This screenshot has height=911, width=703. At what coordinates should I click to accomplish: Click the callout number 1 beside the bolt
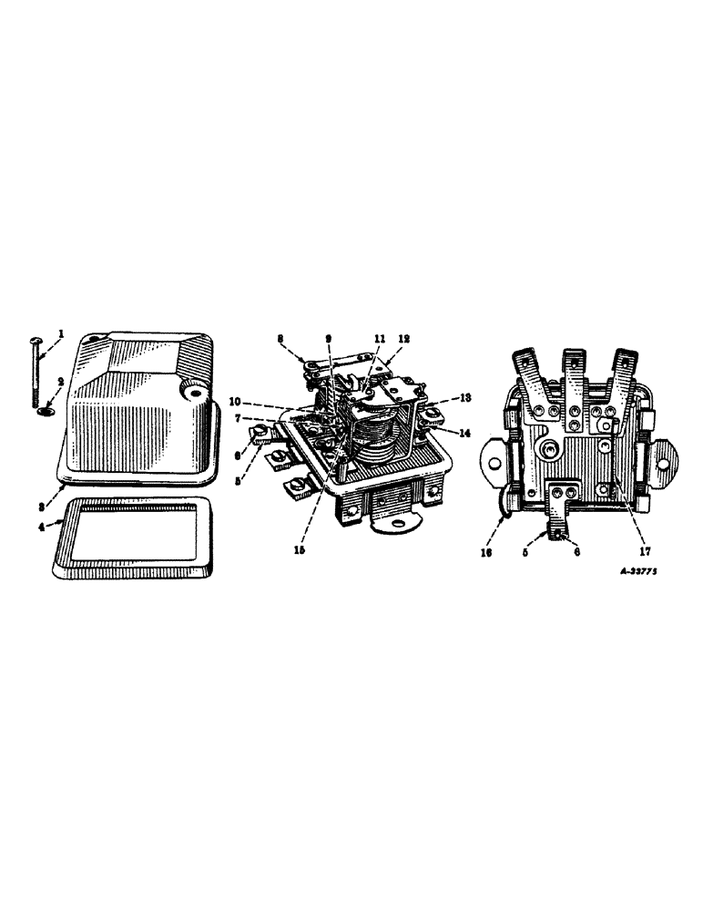coord(61,334)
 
